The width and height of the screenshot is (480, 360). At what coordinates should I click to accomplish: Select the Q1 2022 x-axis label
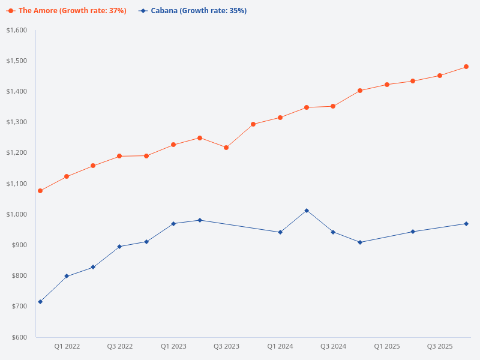point(67,347)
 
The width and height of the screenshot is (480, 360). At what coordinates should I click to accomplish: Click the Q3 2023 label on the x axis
point(226,347)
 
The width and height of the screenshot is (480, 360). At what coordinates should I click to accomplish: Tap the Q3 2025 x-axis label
point(440,347)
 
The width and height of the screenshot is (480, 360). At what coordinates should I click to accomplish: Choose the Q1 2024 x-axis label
point(280,347)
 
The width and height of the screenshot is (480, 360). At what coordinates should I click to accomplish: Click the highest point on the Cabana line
point(307,211)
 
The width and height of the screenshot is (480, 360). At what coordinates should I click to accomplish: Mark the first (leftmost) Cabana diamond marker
point(40,302)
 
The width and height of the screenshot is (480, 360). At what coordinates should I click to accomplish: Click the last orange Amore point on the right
point(466,67)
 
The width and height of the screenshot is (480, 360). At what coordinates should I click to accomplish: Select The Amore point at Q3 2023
point(226,148)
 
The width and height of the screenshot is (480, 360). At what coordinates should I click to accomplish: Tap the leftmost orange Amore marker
point(40,191)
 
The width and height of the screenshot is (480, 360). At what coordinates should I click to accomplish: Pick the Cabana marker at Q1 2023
point(173,224)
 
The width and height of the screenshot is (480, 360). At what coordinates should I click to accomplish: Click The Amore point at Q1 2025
point(387,85)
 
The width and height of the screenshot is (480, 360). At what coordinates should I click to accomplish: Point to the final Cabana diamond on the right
point(466,224)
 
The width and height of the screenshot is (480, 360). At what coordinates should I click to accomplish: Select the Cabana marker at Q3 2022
point(119,247)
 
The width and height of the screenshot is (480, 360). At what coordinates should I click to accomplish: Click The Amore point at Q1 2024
point(280,118)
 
